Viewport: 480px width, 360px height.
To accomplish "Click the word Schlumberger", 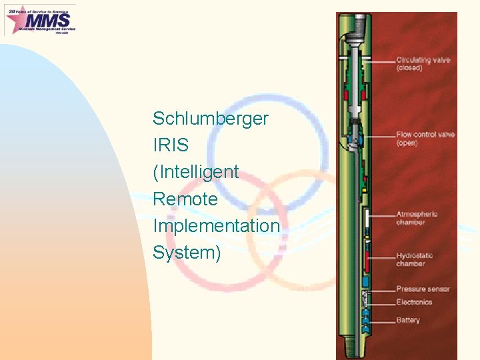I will pos(210,119).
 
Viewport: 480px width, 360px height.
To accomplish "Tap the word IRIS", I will pos(171,145).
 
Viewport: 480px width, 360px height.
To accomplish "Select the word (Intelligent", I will pos(195,172).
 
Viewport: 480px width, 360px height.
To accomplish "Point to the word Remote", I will pos(185,199).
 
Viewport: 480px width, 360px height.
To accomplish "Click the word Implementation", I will pos(216,226).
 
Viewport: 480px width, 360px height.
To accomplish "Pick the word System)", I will pos(186,253).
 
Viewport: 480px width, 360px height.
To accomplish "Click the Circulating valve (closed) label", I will pos(423,64).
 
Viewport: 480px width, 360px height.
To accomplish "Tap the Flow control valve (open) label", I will pos(425,139).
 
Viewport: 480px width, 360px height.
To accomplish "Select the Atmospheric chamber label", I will pos(417,218).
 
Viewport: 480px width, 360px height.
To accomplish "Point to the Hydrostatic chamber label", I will pos(415,259).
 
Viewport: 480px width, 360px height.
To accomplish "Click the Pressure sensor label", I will pos(423,289).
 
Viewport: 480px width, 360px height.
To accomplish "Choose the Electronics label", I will pos(414,302).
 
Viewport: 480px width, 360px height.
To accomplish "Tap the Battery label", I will pos(408,321).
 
